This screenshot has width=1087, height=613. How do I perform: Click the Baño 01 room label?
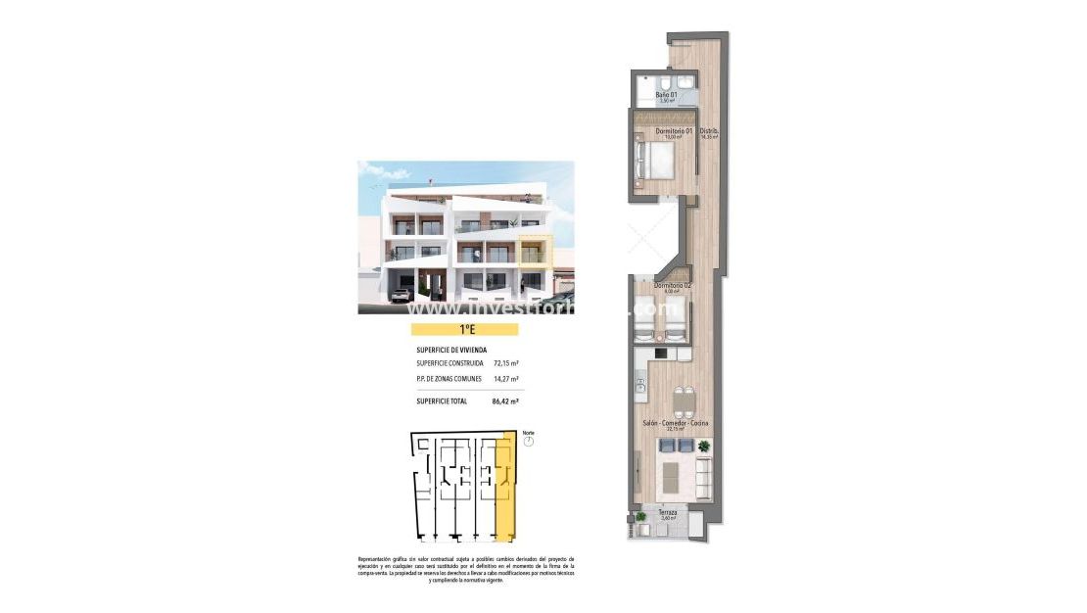pyautogui.click(x=666, y=96)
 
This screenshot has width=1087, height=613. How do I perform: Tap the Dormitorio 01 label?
pyautogui.click(x=673, y=132)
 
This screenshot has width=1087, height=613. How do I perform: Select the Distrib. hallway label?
pyautogui.click(x=710, y=132)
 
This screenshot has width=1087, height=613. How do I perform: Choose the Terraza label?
pyautogui.click(x=668, y=512)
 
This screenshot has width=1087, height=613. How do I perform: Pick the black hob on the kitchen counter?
pyautogui.click(x=661, y=353)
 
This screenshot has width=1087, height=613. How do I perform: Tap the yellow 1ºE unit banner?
pyautogui.click(x=464, y=330)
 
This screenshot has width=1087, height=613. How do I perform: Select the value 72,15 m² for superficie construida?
pyautogui.click(x=505, y=363)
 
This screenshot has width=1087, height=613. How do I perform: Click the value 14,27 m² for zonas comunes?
pyautogui.click(x=505, y=379)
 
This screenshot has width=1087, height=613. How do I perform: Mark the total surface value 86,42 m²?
pyautogui.click(x=505, y=401)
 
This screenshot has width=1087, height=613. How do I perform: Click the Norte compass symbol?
pyautogui.click(x=529, y=443)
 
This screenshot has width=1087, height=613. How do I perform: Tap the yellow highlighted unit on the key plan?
pyautogui.click(x=505, y=490)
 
